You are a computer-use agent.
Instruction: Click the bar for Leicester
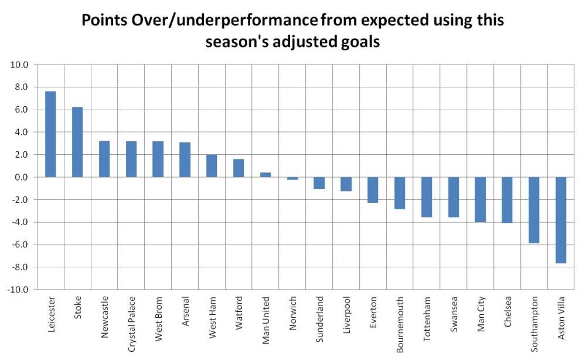click(50, 134)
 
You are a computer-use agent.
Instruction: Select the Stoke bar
click(77, 142)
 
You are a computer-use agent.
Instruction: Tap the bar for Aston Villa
click(561, 220)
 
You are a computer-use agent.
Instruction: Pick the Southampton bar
click(534, 210)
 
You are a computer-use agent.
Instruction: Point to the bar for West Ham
click(212, 166)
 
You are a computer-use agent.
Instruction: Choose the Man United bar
click(265, 175)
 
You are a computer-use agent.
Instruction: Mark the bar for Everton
click(373, 190)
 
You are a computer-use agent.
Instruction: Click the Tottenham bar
click(427, 197)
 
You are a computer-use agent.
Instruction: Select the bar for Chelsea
click(507, 200)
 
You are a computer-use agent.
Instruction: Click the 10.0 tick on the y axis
click(19, 64)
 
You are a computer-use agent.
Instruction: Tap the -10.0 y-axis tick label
click(17, 290)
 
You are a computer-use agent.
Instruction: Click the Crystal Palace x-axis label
click(131, 323)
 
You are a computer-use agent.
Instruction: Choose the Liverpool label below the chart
click(346, 317)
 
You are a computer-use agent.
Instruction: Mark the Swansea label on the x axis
click(454, 317)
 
